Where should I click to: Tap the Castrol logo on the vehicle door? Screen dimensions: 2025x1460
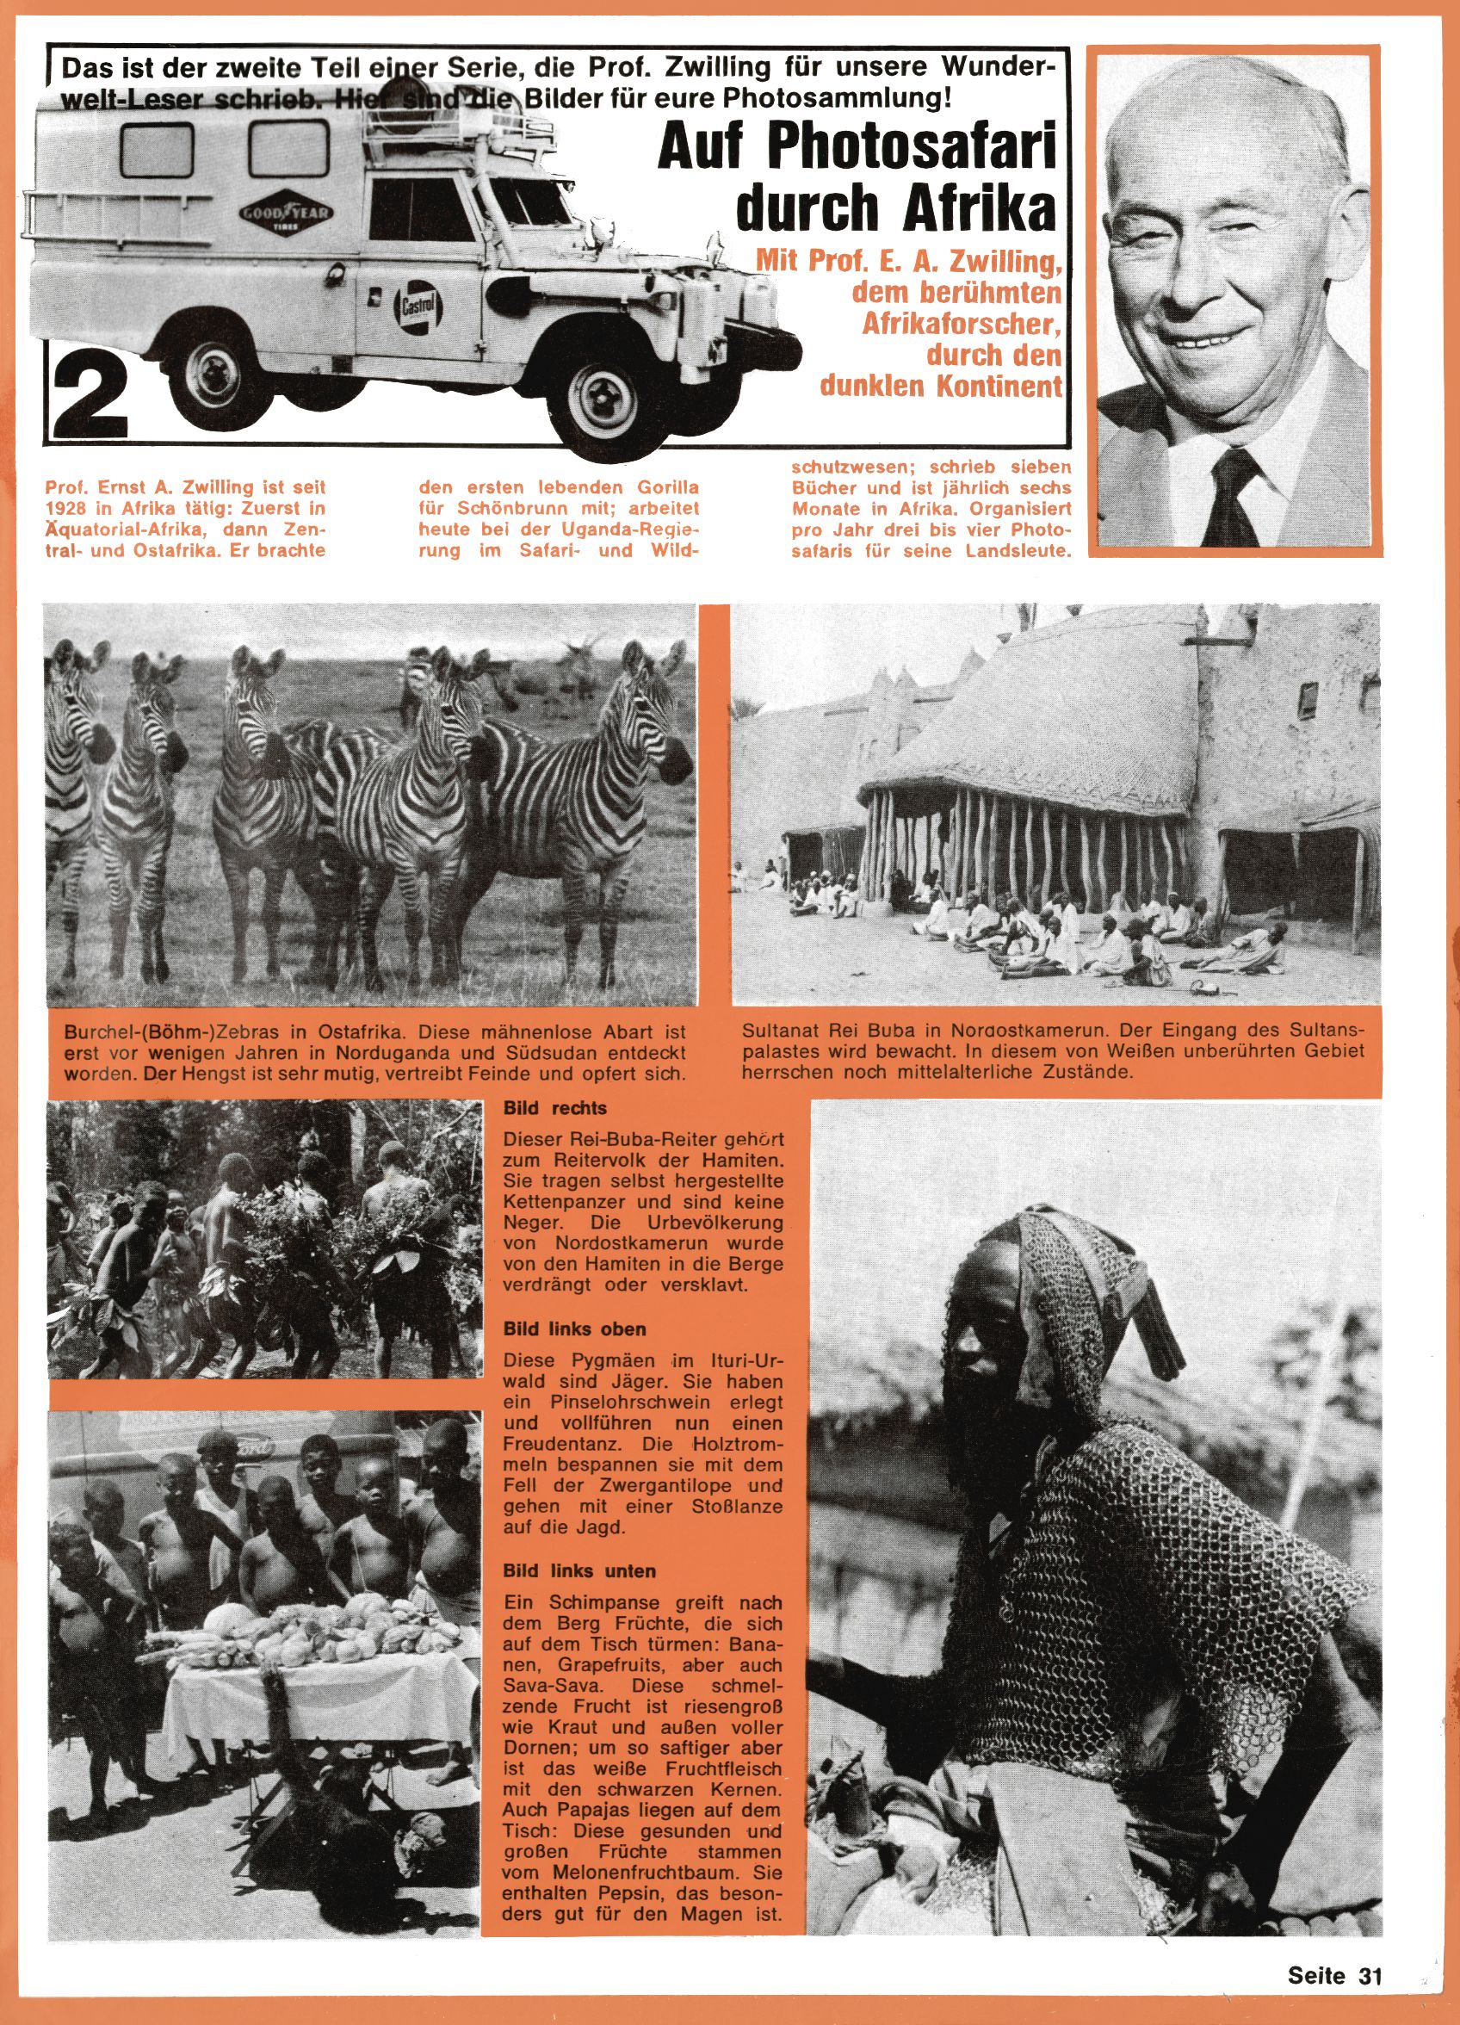414,307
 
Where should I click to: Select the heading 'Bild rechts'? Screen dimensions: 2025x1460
554,1108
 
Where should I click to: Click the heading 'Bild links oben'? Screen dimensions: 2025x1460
574,1328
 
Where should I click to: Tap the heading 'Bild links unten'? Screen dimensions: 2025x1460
578,1570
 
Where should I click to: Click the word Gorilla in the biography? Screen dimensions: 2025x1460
662,488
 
